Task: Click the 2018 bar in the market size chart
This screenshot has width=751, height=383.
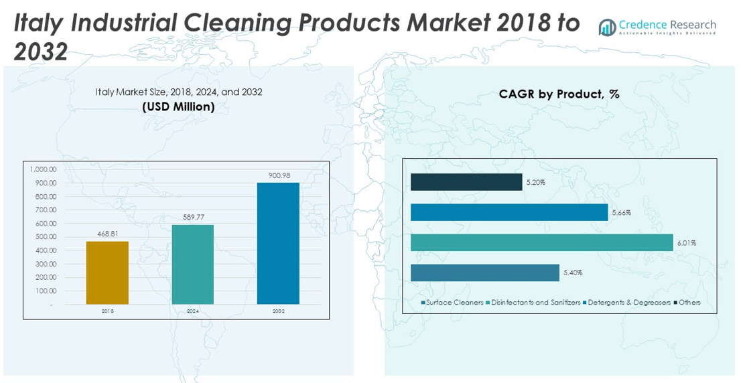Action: (x=107, y=273)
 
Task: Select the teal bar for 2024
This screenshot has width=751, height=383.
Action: (x=193, y=264)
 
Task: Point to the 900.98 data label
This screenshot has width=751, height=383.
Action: (x=278, y=175)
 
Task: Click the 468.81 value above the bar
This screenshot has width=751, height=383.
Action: (x=107, y=234)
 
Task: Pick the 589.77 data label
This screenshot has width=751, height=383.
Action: (x=193, y=217)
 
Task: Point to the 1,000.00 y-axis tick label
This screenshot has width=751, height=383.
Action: (x=42, y=169)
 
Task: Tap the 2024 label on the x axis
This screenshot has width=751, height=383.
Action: (x=193, y=311)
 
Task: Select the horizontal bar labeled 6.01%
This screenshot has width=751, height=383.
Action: (x=541, y=242)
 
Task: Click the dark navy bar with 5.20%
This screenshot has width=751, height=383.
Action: (x=466, y=182)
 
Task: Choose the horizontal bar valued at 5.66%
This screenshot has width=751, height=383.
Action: (x=509, y=212)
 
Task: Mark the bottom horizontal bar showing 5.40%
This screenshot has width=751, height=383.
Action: (x=484, y=273)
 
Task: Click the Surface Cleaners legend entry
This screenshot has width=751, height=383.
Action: (x=454, y=303)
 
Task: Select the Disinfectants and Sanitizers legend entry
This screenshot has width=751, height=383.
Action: (x=535, y=303)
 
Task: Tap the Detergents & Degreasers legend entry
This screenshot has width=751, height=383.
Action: (x=628, y=303)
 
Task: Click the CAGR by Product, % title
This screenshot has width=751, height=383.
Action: (x=559, y=94)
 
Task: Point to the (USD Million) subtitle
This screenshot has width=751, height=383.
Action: (x=178, y=106)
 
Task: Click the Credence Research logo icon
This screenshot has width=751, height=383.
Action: (x=608, y=27)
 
